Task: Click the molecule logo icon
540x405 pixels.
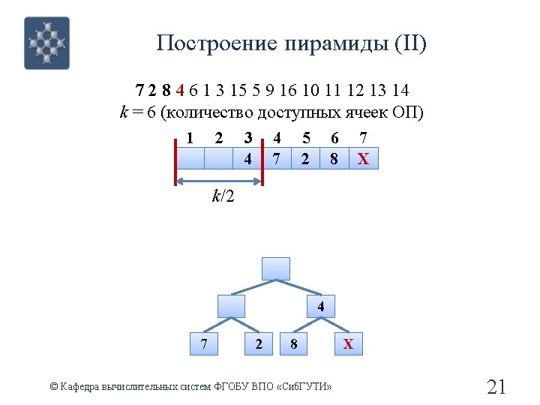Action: (46, 43)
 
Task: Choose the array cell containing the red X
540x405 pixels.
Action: (364, 159)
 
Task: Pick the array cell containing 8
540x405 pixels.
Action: (334, 159)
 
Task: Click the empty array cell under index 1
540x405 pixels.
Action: (190, 159)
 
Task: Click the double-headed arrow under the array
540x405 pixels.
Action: (219, 181)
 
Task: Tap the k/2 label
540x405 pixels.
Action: (223, 197)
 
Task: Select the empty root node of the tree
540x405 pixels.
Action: (275, 268)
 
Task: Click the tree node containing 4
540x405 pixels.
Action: (320, 307)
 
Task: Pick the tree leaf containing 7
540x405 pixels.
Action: (204, 344)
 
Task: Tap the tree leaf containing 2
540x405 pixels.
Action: (259, 344)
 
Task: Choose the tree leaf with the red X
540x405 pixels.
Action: (348, 344)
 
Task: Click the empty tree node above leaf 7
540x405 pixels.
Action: (231, 307)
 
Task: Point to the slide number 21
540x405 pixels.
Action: (496, 387)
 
